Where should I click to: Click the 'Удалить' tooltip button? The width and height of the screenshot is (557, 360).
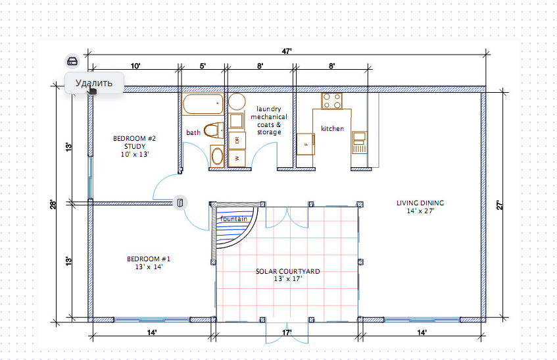94,83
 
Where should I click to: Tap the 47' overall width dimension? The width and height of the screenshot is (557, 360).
287,51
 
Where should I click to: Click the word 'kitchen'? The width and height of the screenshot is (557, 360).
333,128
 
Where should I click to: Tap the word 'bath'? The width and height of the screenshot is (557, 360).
193,132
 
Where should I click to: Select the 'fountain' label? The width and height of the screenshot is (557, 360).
233,219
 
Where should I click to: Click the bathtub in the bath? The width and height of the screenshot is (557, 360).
203,104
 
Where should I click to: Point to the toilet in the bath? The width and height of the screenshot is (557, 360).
214,130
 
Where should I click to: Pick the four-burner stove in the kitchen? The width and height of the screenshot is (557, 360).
332,101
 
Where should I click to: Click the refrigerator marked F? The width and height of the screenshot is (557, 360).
306,144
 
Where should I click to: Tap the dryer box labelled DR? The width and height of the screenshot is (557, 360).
237,140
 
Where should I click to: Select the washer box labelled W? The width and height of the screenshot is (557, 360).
237,158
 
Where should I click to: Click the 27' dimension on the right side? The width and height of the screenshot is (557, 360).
499,205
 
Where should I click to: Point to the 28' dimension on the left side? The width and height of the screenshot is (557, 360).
53,205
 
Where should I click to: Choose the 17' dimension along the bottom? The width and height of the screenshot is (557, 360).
287,333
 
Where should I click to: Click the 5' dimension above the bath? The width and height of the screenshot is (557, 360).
203,66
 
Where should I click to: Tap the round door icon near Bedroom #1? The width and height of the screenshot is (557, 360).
180,203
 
